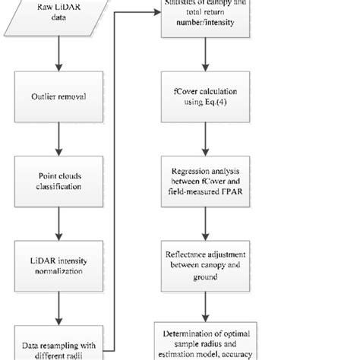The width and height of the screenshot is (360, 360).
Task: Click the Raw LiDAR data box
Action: click(x=58, y=17)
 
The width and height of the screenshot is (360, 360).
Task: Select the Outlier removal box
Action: click(x=58, y=96)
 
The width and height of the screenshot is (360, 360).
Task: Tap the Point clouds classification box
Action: click(x=58, y=179)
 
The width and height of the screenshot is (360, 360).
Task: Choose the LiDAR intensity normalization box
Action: click(x=58, y=262)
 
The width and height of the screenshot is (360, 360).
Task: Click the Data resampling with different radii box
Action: click(x=58, y=341)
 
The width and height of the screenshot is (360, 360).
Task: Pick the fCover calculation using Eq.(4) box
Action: click(x=201, y=96)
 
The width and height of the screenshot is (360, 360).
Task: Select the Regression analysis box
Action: click(x=201, y=179)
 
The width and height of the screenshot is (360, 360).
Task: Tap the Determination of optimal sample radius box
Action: click(x=201, y=342)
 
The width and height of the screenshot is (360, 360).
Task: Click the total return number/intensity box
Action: click(x=201, y=19)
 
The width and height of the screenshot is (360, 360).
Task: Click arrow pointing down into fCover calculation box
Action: click(x=201, y=56)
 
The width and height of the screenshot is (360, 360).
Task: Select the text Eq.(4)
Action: click(x=216, y=102)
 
